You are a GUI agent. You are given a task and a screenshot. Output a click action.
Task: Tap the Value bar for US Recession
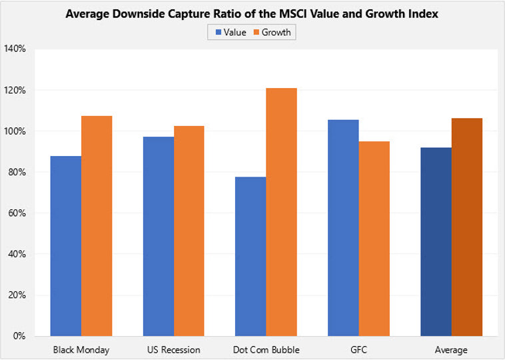[x=159, y=236]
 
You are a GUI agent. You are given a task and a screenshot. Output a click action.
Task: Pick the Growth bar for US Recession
[x=189, y=231]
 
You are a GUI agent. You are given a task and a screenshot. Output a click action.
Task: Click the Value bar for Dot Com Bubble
[x=251, y=256]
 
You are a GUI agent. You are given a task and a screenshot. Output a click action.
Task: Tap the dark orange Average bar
[x=467, y=227]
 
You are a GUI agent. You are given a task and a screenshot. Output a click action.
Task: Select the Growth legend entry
[x=274, y=33]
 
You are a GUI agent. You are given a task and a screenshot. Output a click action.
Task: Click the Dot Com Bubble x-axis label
[x=266, y=349]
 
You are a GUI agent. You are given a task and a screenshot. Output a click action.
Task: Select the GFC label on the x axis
[x=359, y=349]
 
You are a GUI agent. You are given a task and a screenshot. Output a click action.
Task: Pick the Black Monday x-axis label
[x=81, y=349]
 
